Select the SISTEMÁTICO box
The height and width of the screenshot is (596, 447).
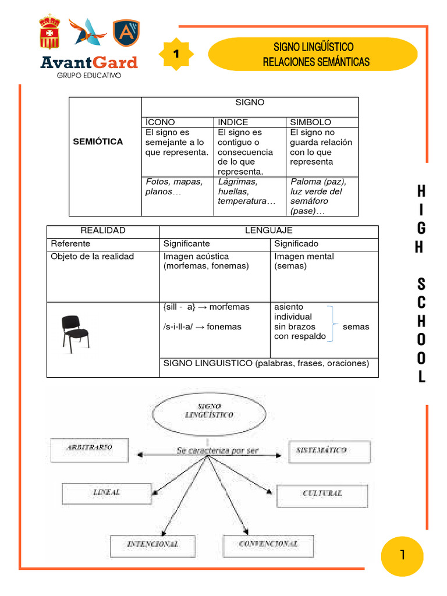click(329, 451)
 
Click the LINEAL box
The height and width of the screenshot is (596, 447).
click(107, 493)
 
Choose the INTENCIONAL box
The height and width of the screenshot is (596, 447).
click(153, 545)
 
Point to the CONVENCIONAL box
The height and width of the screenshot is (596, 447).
click(268, 545)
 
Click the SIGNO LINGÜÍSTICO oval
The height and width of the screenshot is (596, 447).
click(208, 412)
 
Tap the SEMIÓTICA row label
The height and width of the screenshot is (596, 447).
click(98, 141)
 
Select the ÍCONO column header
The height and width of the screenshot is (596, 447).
click(160, 122)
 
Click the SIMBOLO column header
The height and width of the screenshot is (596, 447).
click(311, 122)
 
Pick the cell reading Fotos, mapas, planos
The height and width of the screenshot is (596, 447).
click(176, 187)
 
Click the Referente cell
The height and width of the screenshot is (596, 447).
click(70, 243)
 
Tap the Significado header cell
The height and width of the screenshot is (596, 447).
click(296, 243)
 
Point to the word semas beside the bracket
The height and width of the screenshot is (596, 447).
click(356, 327)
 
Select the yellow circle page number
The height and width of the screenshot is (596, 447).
click(402, 556)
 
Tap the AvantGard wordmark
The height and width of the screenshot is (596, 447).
click(89, 63)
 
